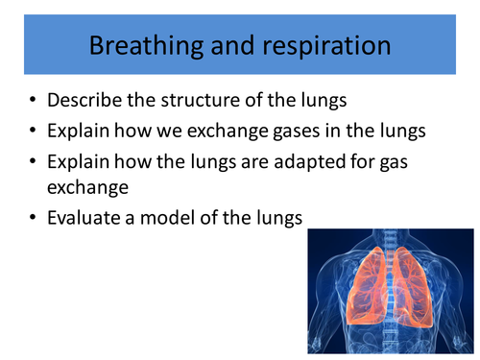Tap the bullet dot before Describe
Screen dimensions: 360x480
click(34, 100)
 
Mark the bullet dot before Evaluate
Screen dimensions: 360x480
click(34, 219)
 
